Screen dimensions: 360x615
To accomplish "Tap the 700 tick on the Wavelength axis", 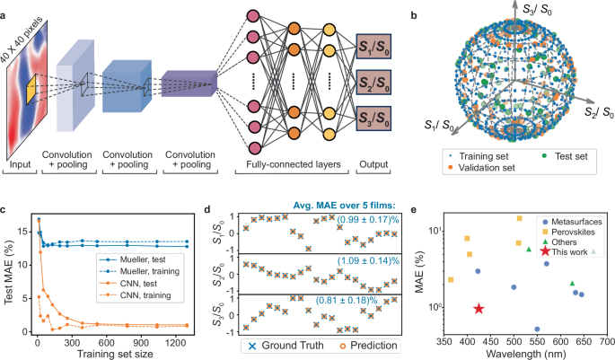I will [x=607, y=344].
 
